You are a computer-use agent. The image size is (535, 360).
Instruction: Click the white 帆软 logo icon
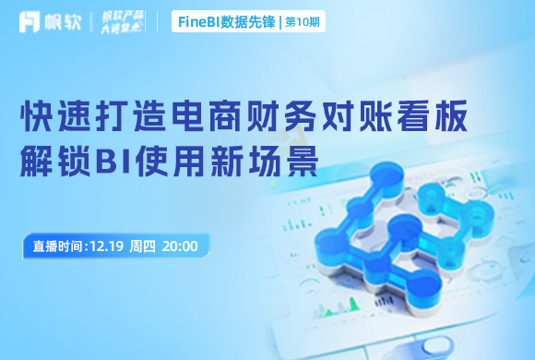(30, 21)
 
